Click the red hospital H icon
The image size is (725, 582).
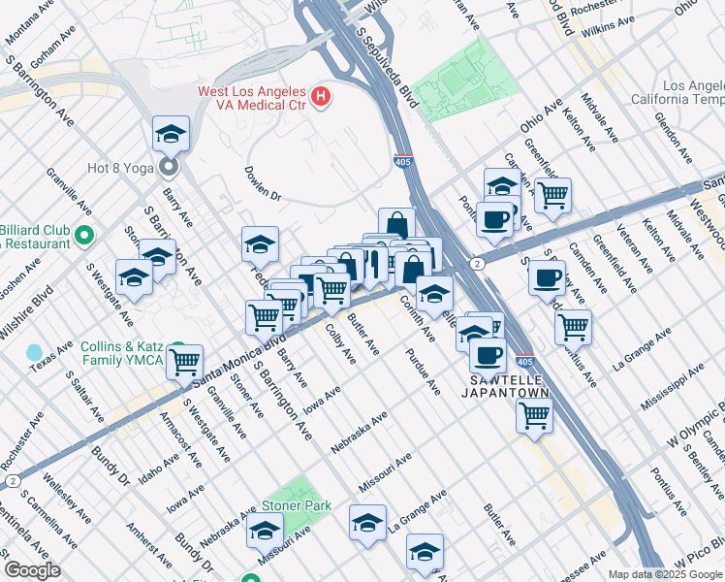[321, 97]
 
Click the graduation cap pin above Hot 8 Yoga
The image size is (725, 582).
[171, 134]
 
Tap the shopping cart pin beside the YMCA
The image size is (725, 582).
[184, 363]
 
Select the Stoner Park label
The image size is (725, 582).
[297, 505]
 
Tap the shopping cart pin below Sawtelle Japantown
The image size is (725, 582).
[535, 416]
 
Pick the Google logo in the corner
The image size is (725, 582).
[32, 570]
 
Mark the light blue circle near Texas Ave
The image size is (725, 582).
[36, 351]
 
